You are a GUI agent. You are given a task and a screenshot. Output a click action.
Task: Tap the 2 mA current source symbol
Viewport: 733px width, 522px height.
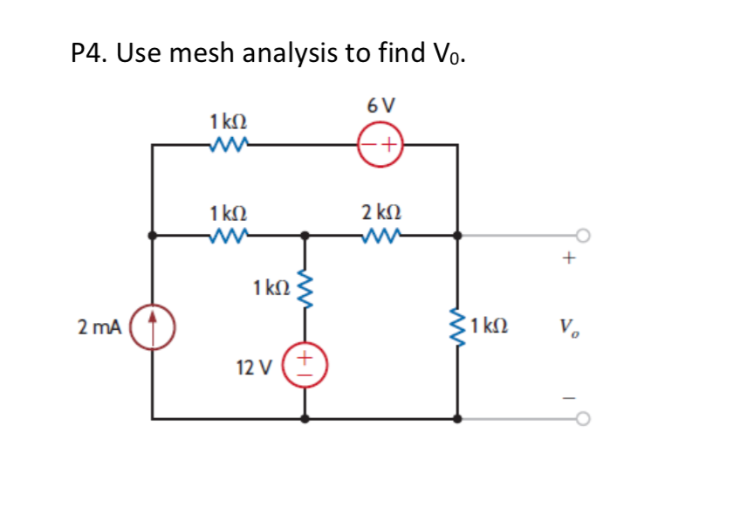(x=153, y=327)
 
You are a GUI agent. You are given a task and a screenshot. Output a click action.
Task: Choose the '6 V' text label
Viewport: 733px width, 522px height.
(x=380, y=106)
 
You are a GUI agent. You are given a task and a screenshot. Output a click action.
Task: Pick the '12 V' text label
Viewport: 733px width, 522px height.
(x=253, y=367)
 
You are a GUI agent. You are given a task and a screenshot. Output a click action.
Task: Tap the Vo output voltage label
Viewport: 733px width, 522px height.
(x=568, y=328)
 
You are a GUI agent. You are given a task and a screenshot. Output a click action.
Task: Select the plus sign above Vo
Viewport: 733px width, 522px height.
(x=569, y=258)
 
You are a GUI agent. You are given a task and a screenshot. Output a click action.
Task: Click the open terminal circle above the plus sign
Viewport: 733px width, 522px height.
(x=582, y=234)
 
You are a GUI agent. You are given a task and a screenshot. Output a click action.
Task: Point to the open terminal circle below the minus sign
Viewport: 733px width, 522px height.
(x=582, y=418)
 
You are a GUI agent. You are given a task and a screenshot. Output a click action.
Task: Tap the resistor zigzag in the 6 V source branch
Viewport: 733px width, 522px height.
(x=229, y=144)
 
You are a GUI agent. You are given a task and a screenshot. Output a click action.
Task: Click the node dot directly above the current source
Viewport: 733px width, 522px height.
(x=153, y=235)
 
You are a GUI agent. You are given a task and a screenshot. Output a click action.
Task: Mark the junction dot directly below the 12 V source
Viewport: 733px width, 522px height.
(x=305, y=418)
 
